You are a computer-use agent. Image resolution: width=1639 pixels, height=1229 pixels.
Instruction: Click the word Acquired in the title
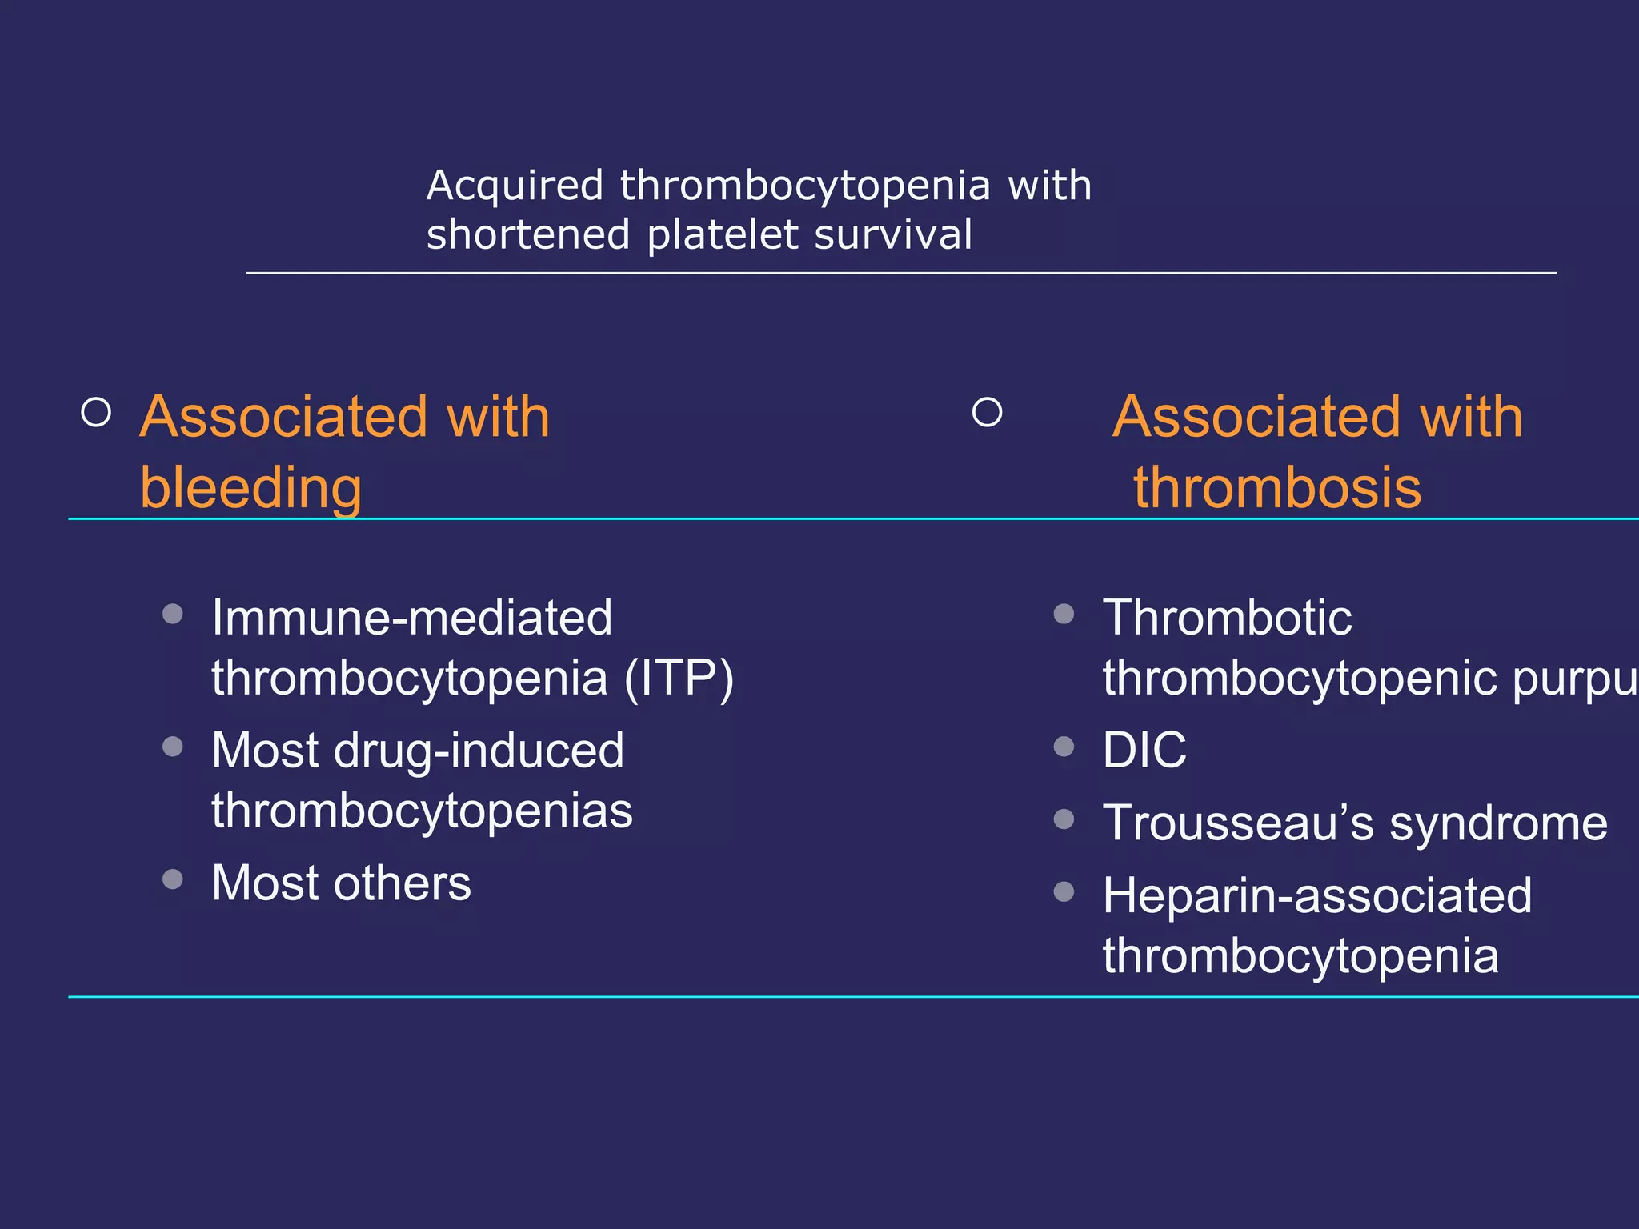click(x=515, y=186)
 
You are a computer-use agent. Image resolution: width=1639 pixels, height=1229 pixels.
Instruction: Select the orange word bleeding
click(x=250, y=487)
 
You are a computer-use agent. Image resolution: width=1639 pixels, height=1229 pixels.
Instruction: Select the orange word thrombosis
click(x=1277, y=487)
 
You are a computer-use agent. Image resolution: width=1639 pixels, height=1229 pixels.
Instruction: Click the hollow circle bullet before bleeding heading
click(x=97, y=413)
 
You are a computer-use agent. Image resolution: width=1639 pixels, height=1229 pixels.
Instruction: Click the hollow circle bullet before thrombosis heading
click(x=987, y=413)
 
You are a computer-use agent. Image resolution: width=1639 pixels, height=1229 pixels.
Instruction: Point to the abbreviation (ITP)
click(x=679, y=679)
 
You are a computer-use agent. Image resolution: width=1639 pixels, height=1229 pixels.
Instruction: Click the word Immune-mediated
click(x=411, y=618)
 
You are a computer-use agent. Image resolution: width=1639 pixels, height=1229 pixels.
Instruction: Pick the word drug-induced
click(x=479, y=751)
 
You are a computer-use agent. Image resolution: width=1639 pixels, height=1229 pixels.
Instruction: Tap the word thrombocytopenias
click(x=422, y=811)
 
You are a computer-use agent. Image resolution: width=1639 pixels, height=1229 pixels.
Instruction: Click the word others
click(x=402, y=883)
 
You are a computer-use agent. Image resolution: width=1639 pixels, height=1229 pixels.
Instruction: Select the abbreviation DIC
click(x=1144, y=751)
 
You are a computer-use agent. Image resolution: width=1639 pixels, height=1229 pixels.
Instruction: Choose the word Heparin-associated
click(x=1317, y=895)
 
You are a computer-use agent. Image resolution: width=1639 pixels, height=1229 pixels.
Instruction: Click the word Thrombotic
click(x=1227, y=618)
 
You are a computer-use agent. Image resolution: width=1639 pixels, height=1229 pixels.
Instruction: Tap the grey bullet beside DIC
click(x=1064, y=747)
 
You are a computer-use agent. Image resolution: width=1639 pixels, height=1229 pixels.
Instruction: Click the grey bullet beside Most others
click(x=173, y=879)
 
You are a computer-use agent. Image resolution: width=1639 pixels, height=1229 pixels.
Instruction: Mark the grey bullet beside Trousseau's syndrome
click(x=1064, y=819)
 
